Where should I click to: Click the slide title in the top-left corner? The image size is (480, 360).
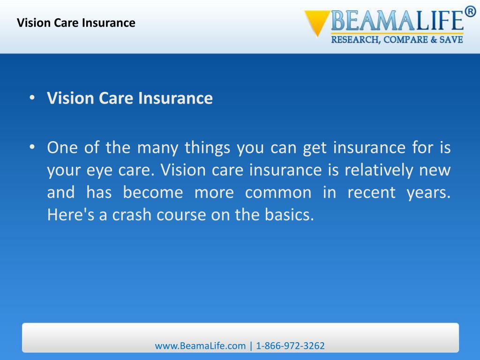pyautogui.click(x=76, y=22)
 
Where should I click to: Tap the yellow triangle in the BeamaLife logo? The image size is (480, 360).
pyautogui.click(x=316, y=22)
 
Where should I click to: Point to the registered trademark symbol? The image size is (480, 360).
pyautogui.click(x=470, y=12)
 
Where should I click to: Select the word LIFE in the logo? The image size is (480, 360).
pyautogui.click(x=434, y=22)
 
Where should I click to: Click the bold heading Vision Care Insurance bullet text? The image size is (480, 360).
pyautogui.click(x=130, y=98)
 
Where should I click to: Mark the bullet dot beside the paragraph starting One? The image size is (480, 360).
pyautogui.click(x=32, y=148)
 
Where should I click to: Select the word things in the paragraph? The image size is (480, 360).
pyautogui.click(x=208, y=148)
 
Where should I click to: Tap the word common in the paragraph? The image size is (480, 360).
pyautogui.click(x=278, y=193)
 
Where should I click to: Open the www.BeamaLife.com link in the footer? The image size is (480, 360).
pyautogui.click(x=200, y=346)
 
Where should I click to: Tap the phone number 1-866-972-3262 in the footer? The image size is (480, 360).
pyautogui.click(x=290, y=346)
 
